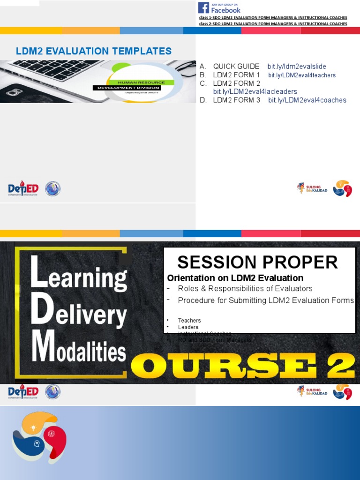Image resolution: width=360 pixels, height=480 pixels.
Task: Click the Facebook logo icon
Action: tap(203, 7)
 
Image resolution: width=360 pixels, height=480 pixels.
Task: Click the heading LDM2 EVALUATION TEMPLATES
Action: tap(94, 51)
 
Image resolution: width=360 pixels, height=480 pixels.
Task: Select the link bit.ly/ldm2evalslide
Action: tap(297, 67)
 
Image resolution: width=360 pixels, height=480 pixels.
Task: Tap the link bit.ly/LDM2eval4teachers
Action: tap(302, 75)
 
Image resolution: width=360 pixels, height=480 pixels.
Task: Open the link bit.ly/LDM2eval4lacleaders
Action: tap(255, 92)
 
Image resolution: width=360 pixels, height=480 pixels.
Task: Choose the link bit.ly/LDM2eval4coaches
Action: tap(307, 100)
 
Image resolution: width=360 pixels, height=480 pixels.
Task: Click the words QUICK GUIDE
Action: tap(236, 67)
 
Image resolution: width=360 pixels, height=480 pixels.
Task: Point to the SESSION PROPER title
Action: tap(257, 262)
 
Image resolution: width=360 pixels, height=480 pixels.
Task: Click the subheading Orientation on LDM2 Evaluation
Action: tap(235, 278)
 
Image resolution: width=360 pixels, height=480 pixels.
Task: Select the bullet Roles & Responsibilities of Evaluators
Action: tap(245, 289)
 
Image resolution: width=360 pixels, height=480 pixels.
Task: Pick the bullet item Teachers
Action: tap(189, 321)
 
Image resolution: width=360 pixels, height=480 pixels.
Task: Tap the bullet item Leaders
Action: tap(188, 327)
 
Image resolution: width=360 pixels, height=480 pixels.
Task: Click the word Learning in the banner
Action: tap(79, 277)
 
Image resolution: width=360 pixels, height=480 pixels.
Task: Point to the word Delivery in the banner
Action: tap(79, 315)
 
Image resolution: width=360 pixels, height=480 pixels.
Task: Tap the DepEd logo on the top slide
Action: tap(23, 189)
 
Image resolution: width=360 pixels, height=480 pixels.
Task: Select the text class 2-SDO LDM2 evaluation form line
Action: tap(273, 23)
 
